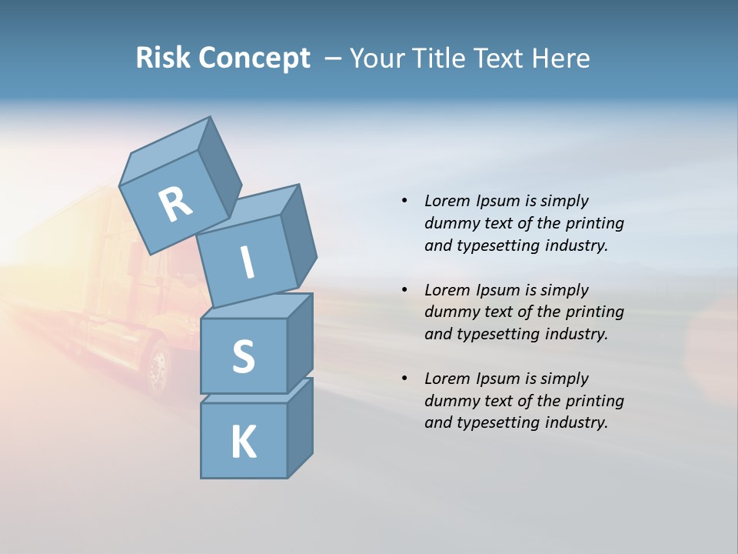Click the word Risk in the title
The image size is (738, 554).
163,58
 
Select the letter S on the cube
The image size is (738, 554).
243,356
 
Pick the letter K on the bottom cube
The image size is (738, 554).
243,442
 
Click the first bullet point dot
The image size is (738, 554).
404,202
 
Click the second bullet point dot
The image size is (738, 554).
404,290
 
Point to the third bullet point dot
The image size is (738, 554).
404,379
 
